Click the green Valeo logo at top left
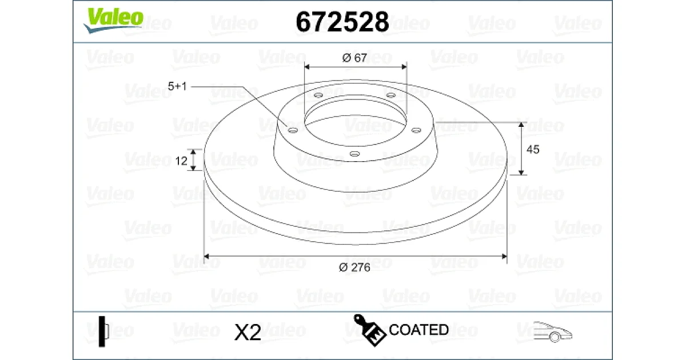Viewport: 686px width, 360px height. pos(113,20)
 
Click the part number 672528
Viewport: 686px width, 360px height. pos(342,22)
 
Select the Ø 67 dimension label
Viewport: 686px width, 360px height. pos(354,58)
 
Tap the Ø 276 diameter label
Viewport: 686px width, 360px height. pos(354,267)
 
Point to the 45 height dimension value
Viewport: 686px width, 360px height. pos(533,149)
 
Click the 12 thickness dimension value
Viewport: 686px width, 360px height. pos(181,161)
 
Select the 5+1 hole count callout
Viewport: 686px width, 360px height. pos(177,86)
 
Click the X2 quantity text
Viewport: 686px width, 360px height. pos(248,332)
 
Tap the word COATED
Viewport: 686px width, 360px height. pos(418,330)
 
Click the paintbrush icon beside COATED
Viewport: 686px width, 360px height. pos(369,330)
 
